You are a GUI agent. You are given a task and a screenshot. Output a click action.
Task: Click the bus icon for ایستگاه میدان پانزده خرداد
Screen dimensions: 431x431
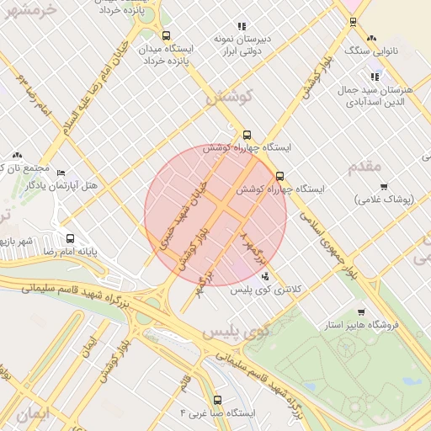(x=166, y=36)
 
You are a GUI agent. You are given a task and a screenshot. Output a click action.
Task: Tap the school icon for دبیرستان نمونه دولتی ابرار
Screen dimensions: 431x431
(x=242, y=26)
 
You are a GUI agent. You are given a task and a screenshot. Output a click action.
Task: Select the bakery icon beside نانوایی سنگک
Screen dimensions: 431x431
(x=372, y=38)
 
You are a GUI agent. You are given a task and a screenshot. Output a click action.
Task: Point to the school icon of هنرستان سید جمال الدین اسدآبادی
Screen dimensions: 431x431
(x=375, y=77)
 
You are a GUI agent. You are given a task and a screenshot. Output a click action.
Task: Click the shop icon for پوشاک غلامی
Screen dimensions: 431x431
(x=384, y=186)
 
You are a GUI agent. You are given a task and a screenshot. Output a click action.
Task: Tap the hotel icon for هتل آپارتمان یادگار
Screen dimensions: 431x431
(x=61, y=173)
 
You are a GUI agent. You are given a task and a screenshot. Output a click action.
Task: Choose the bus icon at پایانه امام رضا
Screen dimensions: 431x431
(x=70, y=238)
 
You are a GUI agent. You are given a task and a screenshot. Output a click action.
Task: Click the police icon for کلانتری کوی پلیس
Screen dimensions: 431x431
(x=266, y=276)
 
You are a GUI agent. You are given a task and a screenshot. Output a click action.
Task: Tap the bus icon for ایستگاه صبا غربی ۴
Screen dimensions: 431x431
(x=218, y=400)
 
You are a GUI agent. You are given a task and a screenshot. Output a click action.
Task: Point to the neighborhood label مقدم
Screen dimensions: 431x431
(x=364, y=165)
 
